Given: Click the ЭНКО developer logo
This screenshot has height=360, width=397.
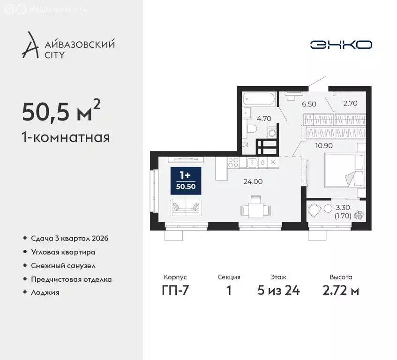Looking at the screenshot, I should [341, 45].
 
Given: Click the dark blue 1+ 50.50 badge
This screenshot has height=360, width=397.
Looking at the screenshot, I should [186, 180].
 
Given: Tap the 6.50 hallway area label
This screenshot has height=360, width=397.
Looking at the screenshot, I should [308, 104].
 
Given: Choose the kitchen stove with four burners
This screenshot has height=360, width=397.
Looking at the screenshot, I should [233, 163].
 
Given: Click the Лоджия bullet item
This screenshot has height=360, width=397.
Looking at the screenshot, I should [46, 292].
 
